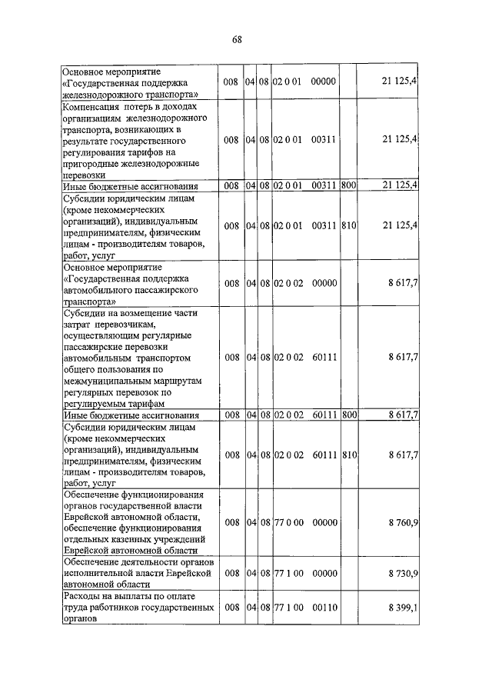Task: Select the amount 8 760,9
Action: pyautogui.click(x=403, y=522)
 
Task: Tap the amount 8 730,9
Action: pyautogui.click(x=403, y=574)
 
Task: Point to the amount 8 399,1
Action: pyautogui.click(x=403, y=608)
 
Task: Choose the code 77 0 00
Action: pyautogui.click(x=288, y=522)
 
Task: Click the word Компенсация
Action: pyautogui.click(x=91, y=105)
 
